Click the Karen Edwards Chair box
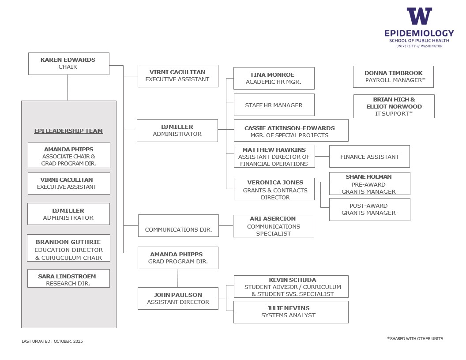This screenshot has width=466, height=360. (x=68, y=64)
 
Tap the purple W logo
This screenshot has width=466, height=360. (x=419, y=16)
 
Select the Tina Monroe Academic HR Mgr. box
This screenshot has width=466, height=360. (x=274, y=78)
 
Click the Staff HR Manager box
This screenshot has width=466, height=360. (x=274, y=105)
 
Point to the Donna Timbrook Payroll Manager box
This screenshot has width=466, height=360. (x=393, y=77)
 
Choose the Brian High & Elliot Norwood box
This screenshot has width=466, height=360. (x=394, y=106)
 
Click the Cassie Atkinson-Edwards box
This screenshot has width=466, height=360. (x=291, y=131)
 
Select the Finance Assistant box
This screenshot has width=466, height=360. (x=369, y=157)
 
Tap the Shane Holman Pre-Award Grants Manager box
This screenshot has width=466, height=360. (x=369, y=184)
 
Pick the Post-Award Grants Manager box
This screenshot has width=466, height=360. (x=369, y=210)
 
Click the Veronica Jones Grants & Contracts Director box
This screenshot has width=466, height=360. (x=274, y=189)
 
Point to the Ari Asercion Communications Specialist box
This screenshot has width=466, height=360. (x=273, y=226)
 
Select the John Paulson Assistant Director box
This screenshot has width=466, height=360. (x=178, y=298)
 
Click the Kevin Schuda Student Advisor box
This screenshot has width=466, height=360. (x=291, y=287)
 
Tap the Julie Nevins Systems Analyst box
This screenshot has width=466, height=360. (x=291, y=312)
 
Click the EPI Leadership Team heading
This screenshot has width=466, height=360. (x=68, y=131)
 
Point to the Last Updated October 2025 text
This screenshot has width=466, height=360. (x=52, y=341)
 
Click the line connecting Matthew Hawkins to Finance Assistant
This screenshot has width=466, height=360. (x=322, y=157)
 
